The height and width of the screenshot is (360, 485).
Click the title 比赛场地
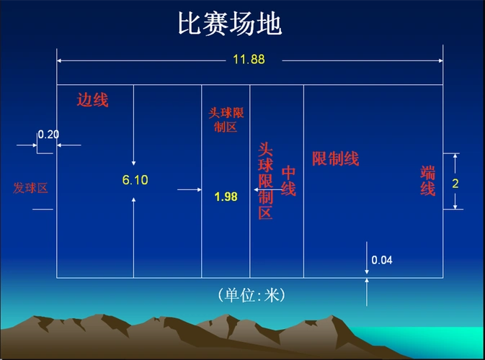229,24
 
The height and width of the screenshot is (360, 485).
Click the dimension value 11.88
249,60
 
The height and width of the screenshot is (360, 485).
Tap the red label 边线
92,100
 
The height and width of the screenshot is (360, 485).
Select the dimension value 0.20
48,134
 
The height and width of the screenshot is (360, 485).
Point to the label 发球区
30,188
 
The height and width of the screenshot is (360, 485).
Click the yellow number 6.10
135,180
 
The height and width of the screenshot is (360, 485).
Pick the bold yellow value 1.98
226,197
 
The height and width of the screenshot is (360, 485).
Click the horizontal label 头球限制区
226,120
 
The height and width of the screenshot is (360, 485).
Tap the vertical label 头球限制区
265,181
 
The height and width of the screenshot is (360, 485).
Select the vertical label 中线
288,181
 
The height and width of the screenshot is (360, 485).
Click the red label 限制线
335,159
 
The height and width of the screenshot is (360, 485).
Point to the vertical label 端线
428,181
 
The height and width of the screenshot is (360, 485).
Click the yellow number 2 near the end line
455,183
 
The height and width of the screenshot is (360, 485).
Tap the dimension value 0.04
382,260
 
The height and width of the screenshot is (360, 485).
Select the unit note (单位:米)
251,295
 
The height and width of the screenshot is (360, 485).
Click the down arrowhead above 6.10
134,163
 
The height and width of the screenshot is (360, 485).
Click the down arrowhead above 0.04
367,272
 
